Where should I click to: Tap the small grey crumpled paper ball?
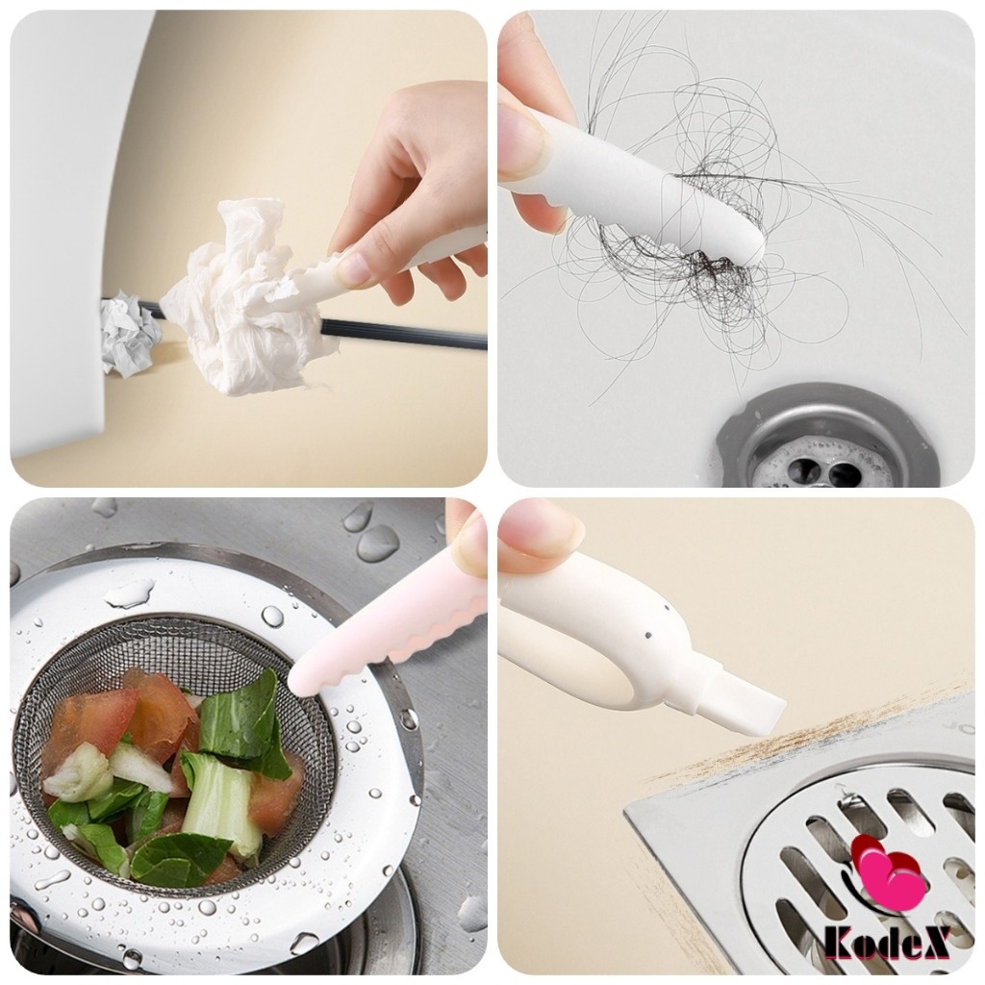[x=128, y=336]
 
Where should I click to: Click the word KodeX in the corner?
[x=886, y=944]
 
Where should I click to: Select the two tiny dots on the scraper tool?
[x=653, y=625]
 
